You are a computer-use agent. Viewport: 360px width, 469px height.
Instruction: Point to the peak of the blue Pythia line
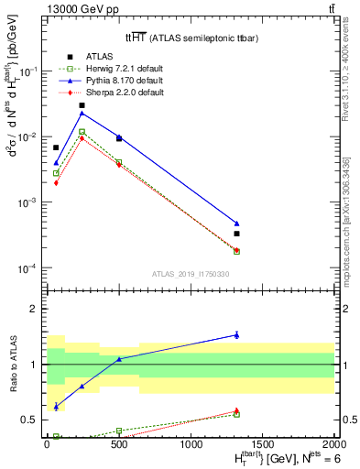tap(82, 113)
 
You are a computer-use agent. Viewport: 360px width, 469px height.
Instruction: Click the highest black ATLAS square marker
tap(82, 105)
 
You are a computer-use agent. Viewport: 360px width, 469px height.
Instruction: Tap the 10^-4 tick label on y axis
tap(28, 268)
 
